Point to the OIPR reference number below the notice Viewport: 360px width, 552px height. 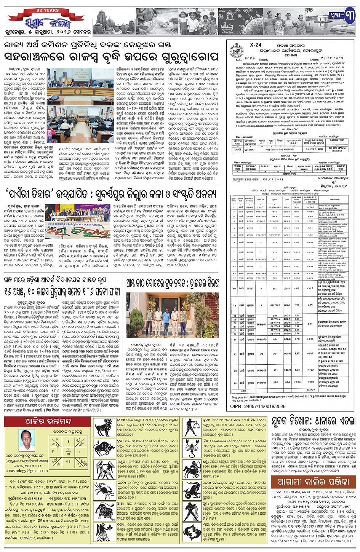(258, 407)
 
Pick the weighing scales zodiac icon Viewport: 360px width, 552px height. (193, 426)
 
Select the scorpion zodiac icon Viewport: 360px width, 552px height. (193, 448)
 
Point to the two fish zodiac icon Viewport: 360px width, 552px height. (193, 531)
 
